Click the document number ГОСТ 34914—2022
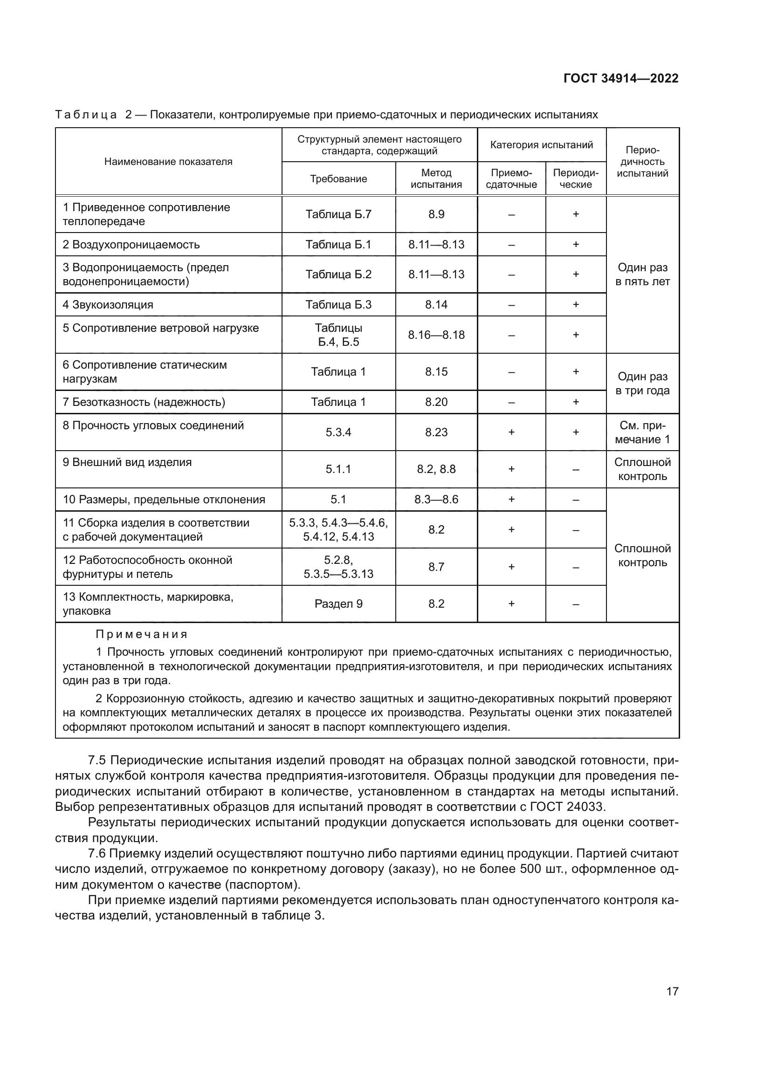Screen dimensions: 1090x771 (620, 78)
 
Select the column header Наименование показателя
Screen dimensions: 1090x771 (168, 161)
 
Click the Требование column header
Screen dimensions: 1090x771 (338, 179)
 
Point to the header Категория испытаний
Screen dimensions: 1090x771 (541, 145)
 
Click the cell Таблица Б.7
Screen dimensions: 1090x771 (338, 214)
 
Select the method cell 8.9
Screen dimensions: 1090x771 (436, 214)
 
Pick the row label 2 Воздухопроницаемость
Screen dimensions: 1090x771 (131, 245)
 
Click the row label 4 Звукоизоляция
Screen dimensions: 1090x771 (108, 305)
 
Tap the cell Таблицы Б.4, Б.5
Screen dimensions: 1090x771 (338, 335)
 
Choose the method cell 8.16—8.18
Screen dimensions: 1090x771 (436, 335)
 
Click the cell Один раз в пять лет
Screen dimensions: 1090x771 (642, 274)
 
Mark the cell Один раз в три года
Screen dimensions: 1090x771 (642, 384)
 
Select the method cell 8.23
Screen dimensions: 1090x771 (436, 432)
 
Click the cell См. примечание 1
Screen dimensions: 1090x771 (642, 432)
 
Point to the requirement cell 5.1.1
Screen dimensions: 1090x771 (338, 469)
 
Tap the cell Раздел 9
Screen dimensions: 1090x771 (338, 604)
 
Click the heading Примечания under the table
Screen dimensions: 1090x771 (142, 634)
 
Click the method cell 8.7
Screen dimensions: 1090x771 (436, 567)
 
